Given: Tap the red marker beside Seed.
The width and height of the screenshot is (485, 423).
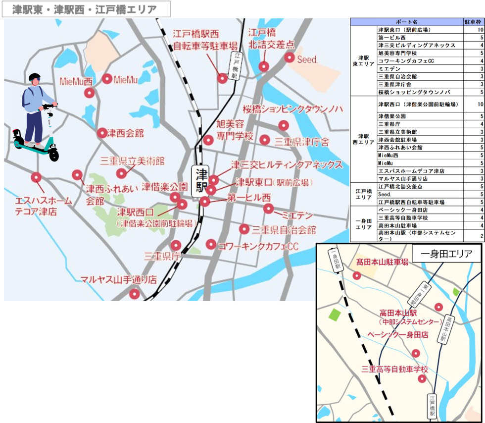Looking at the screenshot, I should click(x=290, y=58).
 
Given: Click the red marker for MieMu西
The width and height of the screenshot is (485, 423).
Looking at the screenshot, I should click(x=89, y=93).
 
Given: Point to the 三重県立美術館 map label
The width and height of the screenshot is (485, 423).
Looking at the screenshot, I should click(x=132, y=161).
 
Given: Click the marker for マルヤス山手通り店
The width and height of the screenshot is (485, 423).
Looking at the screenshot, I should click(x=134, y=294).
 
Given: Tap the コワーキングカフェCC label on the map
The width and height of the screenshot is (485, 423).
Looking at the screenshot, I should click(x=258, y=246).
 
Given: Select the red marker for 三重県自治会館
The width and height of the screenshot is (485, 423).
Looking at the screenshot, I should click(x=243, y=229).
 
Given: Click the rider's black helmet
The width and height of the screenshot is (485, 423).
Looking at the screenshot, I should click(x=34, y=78).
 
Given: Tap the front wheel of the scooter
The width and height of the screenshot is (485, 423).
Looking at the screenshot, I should click(x=53, y=155).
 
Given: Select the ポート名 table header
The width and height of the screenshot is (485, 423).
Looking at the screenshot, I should click(x=407, y=22).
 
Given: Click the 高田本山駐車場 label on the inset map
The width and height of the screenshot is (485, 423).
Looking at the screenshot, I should click(x=382, y=262).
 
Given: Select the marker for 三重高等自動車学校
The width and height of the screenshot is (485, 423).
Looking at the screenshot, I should click(x=422, y=379).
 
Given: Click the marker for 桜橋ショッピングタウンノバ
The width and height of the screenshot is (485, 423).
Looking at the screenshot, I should click(x=283, y=125).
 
